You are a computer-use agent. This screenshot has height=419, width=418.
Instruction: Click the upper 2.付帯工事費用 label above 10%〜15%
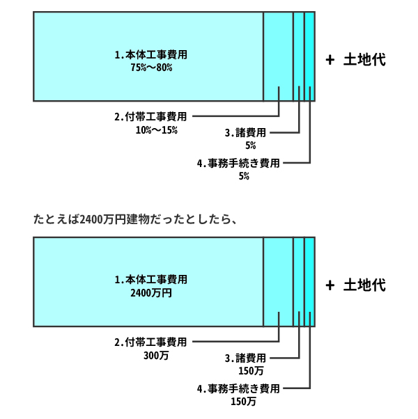pos(151,116)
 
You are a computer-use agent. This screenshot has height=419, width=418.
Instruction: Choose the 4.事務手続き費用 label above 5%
pos(238,164)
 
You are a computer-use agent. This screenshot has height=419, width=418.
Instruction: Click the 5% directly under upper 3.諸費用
pos(250,145)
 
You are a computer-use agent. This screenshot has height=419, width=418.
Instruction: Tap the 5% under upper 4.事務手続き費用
pos(244,177)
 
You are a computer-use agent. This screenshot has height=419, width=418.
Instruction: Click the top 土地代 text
pos(364,61)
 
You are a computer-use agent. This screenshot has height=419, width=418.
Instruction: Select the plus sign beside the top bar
pos(330,61)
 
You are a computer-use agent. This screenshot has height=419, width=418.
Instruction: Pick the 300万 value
pos(156,355)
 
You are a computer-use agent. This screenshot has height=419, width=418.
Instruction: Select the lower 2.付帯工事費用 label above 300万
pos(151,342)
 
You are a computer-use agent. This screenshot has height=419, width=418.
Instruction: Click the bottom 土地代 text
pos(364,285)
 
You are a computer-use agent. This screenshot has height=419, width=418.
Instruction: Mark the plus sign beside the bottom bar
pos(330,285)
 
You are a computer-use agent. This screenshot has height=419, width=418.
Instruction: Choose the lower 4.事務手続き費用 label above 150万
pos(238,388)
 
